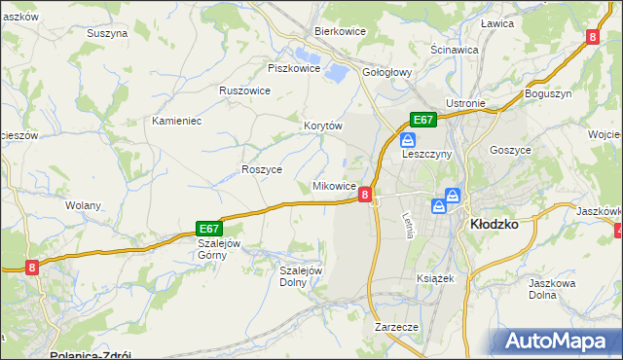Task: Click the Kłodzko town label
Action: (x=494, y=223)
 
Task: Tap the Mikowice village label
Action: (x=333, y=186)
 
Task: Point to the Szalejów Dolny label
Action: (x=300, y=276)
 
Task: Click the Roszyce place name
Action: (x=261, y=169)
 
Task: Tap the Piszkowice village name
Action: (x=294, y=68)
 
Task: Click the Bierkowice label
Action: (x=339, y=31)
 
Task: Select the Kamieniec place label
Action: (x=176, y=121)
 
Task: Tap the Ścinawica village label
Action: (x=454, y=49)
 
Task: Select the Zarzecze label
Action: (x=396, y=328)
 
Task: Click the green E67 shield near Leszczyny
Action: (x=421, y=120)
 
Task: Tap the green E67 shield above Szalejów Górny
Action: (x=211, y=227)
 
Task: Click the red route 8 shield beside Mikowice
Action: (x=364, y=195)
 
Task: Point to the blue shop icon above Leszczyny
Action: (x=409, y=140)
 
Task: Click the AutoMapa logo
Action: (x=560, y=342)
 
